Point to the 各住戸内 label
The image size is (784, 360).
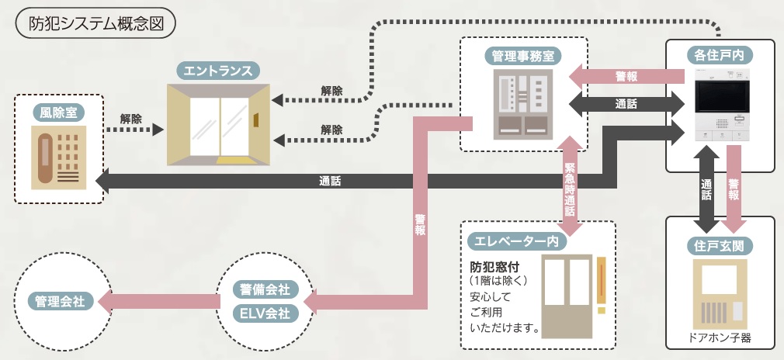(x=720, y=55)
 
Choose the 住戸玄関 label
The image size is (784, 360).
(x=720, y=246)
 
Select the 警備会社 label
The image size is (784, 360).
(x=262, y=289)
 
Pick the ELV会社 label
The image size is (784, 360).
(x=262, y=313)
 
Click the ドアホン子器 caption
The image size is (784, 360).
(x=720, y=338)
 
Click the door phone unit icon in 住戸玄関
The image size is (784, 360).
(x=720, y=295)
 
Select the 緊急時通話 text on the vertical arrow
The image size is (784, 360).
(x=570, y=187)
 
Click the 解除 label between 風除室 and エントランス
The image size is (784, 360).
(x=131, y=119)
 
